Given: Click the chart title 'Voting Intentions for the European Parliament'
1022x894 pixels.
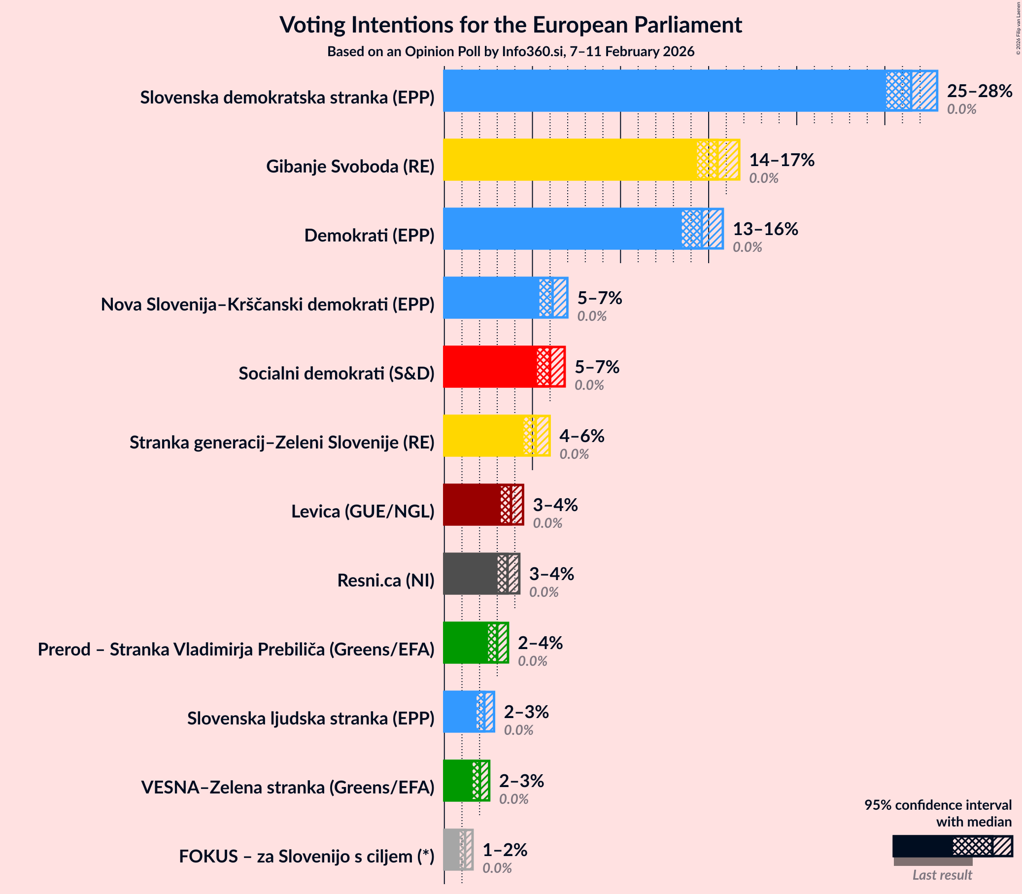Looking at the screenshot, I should pyautogui.click(x=511, y=25).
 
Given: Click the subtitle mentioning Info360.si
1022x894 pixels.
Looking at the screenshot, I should pyautogui.click(x=511, y=52).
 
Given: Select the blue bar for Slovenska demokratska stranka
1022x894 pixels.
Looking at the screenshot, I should pyautogui.click(x=663, y=91).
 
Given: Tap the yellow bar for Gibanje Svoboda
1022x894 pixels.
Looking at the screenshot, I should pyautogui.click(x=569, y=160).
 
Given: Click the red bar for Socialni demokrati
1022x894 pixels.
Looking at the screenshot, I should pyautogui.click(x=489, y=367).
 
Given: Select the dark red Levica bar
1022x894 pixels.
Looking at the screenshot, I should pyautogui.click(x=472, y=504).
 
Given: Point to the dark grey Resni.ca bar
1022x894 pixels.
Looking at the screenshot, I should pyautogui.click(x=469, y=574).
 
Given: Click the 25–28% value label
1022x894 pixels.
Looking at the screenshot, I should pyautogui.click(x=979, y=91).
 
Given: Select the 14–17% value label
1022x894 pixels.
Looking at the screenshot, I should pyautogui.click(x=782, y=160).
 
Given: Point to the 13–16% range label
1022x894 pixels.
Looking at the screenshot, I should pyautogui.click(x=765, y=229).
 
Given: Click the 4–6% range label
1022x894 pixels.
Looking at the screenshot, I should pyautogui.click(x=581, y=436).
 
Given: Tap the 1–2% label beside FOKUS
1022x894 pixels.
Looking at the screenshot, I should pyautogui.click(x=505, y=850).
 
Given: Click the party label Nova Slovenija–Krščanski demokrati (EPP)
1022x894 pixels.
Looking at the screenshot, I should pyautogui.click(x=268, y=304).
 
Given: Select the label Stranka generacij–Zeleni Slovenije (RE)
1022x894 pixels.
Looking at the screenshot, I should pyautogui.click(x=282, y=443).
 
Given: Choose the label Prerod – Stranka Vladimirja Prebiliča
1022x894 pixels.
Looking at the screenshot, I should pyautogui.click(x=236, y=650).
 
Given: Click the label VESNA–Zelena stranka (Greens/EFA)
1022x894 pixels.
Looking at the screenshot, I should pyautogui.click(x=288, y=787).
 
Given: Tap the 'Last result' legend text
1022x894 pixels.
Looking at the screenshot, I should pyautogui.click(x=942, y=875).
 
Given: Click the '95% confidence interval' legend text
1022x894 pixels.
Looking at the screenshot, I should pyautogui.click(x=938, y=805).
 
